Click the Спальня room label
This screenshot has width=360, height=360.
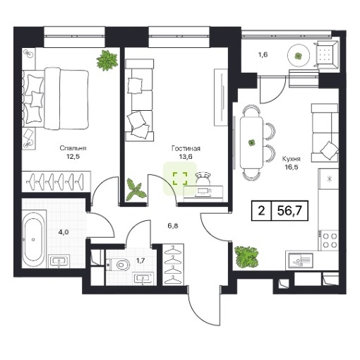tap(73, 148)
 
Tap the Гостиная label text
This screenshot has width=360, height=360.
tap(186, 148)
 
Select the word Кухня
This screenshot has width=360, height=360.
tap(292, 159)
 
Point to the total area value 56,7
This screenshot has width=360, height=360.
tap(289, 211)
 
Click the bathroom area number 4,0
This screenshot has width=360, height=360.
tap(64, 232)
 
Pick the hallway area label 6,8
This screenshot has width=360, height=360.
tap(173, 226)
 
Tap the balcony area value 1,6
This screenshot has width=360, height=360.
tap(263, 55)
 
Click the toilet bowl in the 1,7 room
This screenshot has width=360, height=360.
tap(120, 265)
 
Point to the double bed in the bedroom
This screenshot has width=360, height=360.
tap(56, 98)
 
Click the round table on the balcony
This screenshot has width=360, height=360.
tap(299, 56)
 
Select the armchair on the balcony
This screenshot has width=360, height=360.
tap(326, 55)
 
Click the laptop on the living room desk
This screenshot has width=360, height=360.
tap(203, 192)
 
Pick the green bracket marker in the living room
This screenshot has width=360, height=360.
tap(180, 179)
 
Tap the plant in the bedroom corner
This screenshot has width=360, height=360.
tap(107, 60)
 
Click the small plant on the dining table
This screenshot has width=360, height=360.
tap(251, 143)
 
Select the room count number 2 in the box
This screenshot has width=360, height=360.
tap(261, 211)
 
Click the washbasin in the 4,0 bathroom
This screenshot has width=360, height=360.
tap(59, 262)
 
